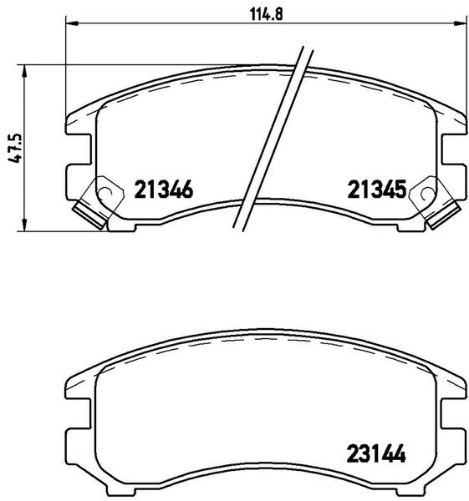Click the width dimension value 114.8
(266, 14)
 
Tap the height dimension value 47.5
(15, 149)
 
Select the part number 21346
(164, 190)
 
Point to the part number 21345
(377, 190)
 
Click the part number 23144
(376, 453)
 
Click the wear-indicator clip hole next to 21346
(106, 193)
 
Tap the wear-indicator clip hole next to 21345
(427, 193)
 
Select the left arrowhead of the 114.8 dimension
(72, 23)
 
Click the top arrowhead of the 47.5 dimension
(24, 71)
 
